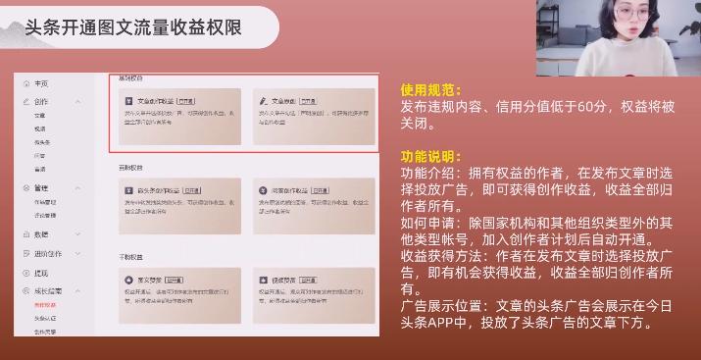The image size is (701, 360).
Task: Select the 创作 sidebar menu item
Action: [x=40, y=101]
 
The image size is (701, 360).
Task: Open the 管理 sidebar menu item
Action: [x=40, y=187]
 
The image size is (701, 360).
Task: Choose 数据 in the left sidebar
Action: [x=40, y=234]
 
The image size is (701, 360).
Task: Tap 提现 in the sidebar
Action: [x=40, y=273]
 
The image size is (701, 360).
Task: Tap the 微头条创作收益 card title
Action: [x=157, y=190]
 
